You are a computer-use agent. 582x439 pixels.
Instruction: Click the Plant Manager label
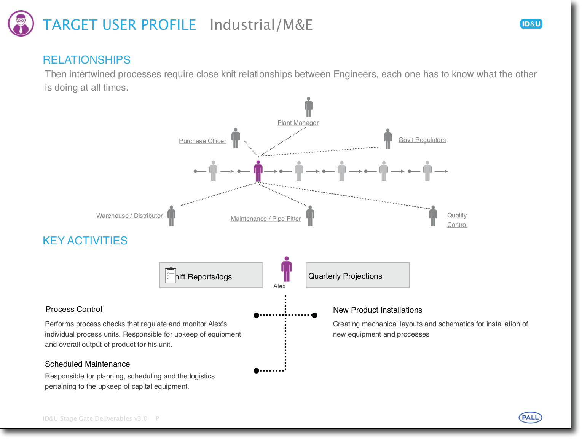pyautogui.click(x=298, y=123)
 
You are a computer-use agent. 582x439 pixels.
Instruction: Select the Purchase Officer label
pyautogui.click(x=203, y=141)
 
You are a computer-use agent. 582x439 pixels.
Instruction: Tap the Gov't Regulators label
pyautogui.click(x=422, y=140)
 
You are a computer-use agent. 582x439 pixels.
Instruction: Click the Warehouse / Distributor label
pyautogui.click(x=129, y=216)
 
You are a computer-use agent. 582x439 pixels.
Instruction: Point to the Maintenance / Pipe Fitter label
pyautogui.click(x=266, y=219)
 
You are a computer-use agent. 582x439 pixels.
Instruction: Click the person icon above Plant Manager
pyautogui.click(x=309, y=107)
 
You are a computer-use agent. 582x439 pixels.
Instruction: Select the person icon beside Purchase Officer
pyautogui.click(x=236, y=138)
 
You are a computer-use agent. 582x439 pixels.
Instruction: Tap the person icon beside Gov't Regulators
pyautogui.click(x=388, y=139)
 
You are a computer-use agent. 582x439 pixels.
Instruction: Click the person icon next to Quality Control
pyautogui.click(x=433, y=216)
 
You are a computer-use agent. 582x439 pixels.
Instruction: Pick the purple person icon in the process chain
pyautogui.click(x=258, y=171)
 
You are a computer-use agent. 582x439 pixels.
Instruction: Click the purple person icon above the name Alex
pyautogui.click(x=287, y=269)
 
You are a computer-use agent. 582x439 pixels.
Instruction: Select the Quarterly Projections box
pyautogui.click(x=357, y=275)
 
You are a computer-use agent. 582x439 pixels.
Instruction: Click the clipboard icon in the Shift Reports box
pyautogui.click(x=171, y=275)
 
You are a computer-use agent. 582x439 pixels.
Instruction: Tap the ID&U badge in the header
pyautogui.click(x=531, y=24)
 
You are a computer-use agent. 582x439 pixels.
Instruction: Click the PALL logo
pyautogui.click(x=530, y=417)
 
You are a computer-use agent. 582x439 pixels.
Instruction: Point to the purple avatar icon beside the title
pyautogui.click(x=21, y=24)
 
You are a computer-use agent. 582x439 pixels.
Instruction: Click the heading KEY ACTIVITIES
pyautogui.click(x=85, y=241)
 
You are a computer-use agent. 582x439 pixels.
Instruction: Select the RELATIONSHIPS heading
pyautogui.click(x=86, y=60)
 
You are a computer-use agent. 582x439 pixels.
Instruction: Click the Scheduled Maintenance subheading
pyautogui.click(x=87, y=364)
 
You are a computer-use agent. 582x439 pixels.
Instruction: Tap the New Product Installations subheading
pyautogui.click(x=377, y=310)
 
